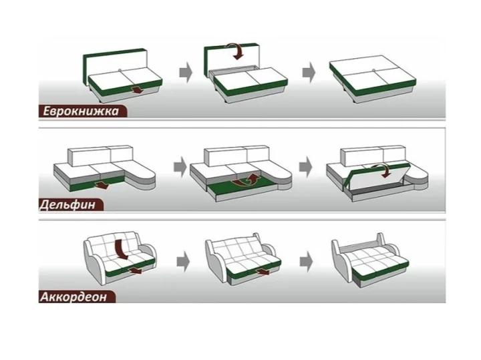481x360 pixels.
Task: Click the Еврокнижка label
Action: coord(80,111)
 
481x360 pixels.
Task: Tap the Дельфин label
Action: coord(67,204)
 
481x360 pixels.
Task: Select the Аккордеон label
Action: coord(73,297)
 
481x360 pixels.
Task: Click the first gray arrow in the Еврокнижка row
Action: coord(186,72)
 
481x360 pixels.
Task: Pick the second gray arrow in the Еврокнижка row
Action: coord(309,72)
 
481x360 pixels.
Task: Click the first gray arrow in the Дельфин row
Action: coord(180,167)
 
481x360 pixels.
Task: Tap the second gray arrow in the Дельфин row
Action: coord(306,167)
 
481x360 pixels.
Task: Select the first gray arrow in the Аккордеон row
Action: coord(184,262)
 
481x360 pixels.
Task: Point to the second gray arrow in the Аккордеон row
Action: coord(307,262)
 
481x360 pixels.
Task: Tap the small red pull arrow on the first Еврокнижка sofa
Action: coord(137,90)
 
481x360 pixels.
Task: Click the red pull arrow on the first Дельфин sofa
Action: coord(102,185)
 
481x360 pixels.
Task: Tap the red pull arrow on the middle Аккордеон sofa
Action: coord(263,271)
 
